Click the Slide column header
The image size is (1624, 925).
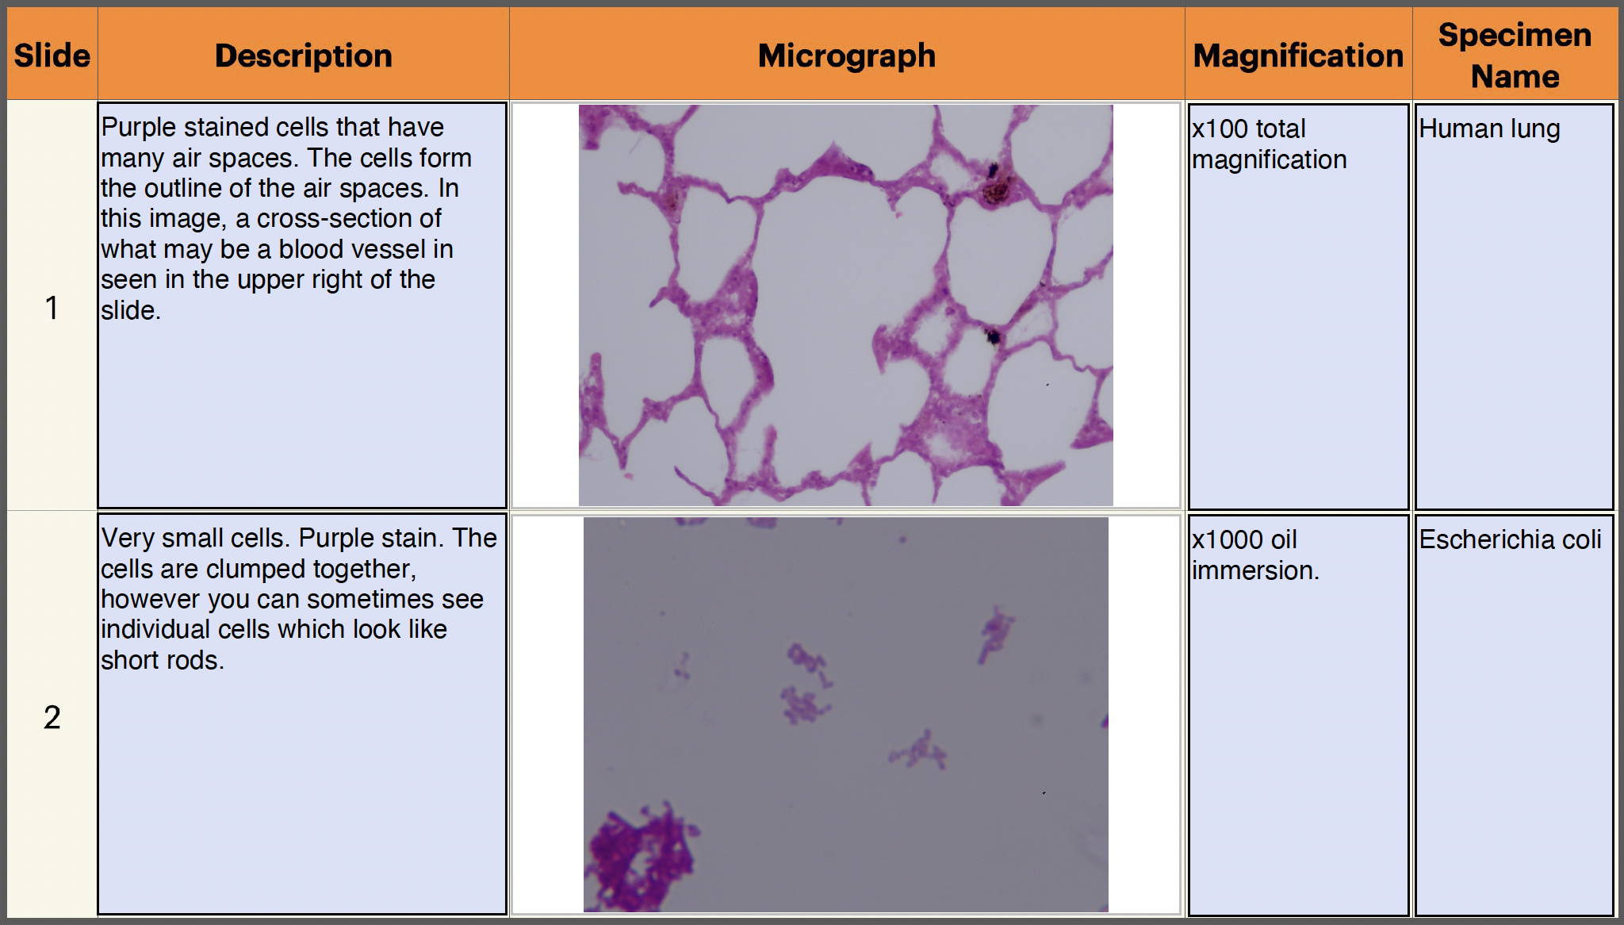coord(52,56)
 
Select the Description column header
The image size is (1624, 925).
coord(304,56)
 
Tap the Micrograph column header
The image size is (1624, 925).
coord(847,56)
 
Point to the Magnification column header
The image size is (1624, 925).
coord(1298,56)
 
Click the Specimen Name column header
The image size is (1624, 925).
coord(1515,56)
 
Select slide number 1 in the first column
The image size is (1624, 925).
coord(52,308)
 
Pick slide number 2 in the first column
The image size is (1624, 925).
coord(52,717)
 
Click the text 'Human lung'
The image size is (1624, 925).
coord(1489,129)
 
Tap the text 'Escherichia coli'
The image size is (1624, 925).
coord(1510,539)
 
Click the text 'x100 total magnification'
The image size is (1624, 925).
coord(1269,144)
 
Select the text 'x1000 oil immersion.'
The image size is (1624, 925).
coord(1255,555)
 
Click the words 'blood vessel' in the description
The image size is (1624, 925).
coord(366,249)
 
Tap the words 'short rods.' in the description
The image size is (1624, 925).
coord(163,660)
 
